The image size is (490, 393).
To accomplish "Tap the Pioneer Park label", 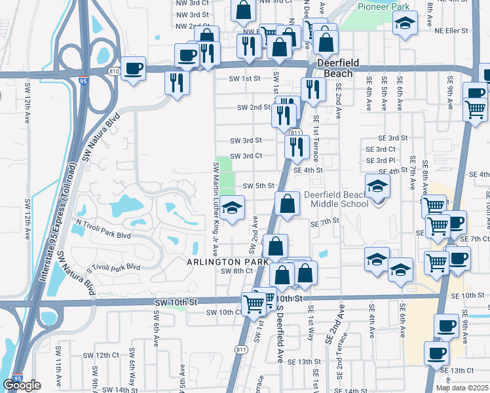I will pyautogui.click(x=383, y=7).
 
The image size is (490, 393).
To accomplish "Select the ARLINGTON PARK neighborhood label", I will pyautogui.click(x=228, y=261).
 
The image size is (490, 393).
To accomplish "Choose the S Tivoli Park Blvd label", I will pyautogui.click(x=114, y=269).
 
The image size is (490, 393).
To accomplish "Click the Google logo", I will pyautogui.click(x=22, y=385).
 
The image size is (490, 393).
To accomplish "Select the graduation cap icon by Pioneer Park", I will pyautogui.click(x=405, y=24).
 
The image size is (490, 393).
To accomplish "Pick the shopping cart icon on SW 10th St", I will pyautogui.click(x=254, y=303).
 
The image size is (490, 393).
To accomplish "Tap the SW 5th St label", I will pyautogui.click(x=258, y=186).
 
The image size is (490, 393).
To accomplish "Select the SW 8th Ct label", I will pyautogui.click(x=237, y=271).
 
